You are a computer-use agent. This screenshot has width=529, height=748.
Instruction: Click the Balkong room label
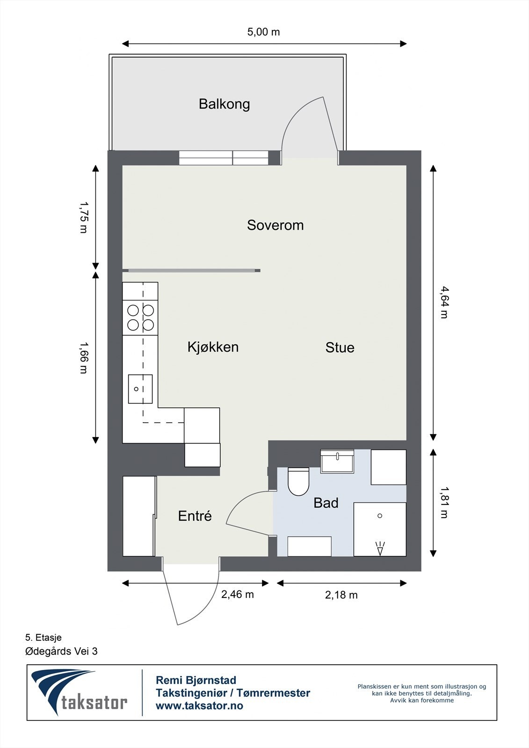pos(224,104)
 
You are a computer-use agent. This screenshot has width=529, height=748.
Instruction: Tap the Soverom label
pos(275,225)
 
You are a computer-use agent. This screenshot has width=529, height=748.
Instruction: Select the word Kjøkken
pos(213,347)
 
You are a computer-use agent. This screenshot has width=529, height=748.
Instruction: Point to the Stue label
pos(340,347)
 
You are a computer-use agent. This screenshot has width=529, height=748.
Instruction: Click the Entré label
pos(195,516)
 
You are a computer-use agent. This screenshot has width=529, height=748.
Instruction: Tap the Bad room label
pos(326,503)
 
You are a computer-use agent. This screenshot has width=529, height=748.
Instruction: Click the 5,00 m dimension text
pos(263,32)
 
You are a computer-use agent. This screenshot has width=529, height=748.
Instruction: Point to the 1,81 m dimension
pos(444,503)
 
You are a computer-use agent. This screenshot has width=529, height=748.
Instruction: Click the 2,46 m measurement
pos(237,594)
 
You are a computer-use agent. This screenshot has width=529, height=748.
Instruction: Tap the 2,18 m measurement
pos(341,595)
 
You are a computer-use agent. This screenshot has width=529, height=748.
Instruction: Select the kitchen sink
pos(140,389)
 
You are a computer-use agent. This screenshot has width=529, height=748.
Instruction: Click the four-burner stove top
pos(140,317)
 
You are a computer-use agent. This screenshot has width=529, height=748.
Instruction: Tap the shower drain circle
pos(380,516)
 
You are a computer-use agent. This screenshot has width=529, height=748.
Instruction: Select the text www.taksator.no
pos(199,705)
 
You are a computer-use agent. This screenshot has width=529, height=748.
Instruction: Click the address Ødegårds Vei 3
pos(61,651)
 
